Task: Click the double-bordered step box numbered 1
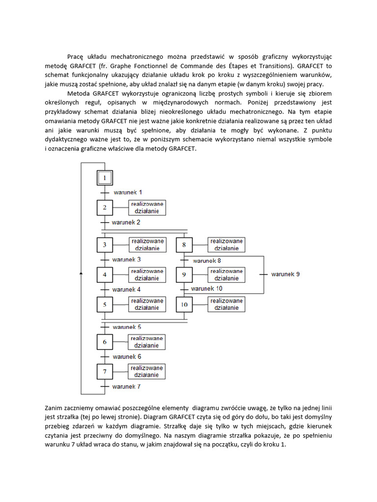tap(105, 178)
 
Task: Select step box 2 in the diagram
tap(105, 208)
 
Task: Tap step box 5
tap(105, 304)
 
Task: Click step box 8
tap(184, 245)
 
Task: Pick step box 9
tap(184, 275)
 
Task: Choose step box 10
tap(184, 304)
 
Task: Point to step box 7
tap(105, 372)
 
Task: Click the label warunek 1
tap(128, 193)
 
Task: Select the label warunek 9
tap(285, 274)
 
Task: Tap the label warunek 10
tap(207, 289)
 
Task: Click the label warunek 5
tap(127, 327)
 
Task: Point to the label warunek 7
tap(127, 387)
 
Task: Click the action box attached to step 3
tap(147, 245)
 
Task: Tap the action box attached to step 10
tap(226, 304)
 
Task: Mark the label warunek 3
tap(127, 259)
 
